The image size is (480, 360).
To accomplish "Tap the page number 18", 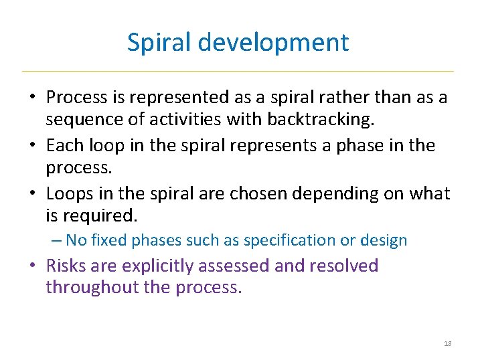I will coord(448,343).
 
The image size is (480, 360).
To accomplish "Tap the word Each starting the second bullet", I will coord(64,145).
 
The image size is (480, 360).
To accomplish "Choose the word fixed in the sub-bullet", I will coord(109,240).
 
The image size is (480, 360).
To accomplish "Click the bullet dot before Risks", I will coord(32,266).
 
